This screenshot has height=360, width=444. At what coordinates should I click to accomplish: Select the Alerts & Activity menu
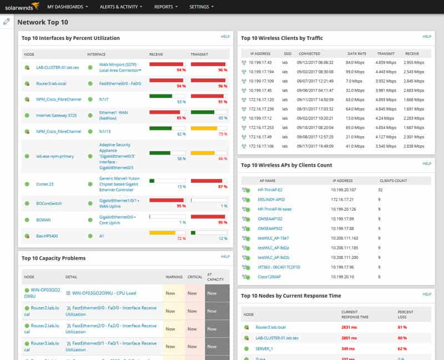point(120,7)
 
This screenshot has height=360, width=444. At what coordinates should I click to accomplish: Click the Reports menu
point(165,7)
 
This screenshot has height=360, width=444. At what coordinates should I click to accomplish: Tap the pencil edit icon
point(7,22)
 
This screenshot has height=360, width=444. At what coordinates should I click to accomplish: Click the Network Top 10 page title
point(43,23)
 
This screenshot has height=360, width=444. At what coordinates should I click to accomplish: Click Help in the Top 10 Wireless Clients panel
point(427,37)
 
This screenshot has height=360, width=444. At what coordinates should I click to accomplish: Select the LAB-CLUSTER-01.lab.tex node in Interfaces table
point(58,67)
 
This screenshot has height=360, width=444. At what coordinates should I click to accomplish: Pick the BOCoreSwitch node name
point(49,203)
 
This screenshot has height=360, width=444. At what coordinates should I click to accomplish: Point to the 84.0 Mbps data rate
point(355,63)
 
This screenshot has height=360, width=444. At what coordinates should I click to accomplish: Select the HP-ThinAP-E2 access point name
point(270,189)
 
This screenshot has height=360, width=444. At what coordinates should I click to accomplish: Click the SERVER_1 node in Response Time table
point(264,348)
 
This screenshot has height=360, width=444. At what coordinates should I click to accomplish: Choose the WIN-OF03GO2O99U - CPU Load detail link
point(104,293)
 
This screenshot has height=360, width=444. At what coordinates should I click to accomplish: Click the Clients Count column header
point(393,181)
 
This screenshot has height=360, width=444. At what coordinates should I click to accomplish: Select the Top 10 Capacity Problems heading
point(53,258)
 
